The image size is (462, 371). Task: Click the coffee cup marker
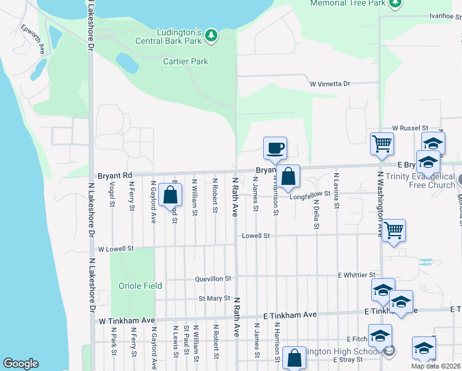click(x=275, y=148)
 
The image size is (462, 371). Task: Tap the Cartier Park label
click(x=186, y=61)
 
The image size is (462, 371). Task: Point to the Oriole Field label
click(x=140, y=286)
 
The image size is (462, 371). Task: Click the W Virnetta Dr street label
click(x=330, y=83)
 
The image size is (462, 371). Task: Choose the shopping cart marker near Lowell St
click(x=393, y=231)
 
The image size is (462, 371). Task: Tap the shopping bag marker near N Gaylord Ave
click(x=170, y=195)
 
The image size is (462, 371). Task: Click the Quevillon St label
click(x=213, y=279)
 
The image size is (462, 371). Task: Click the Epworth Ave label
click(x=34, y=38)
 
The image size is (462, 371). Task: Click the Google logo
click(x=20, y=364)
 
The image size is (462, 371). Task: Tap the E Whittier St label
click(x=356, y=275)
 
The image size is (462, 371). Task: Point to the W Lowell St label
click(x=115, y=249)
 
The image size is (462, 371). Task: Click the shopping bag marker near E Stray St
click(x=295, y=358)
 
